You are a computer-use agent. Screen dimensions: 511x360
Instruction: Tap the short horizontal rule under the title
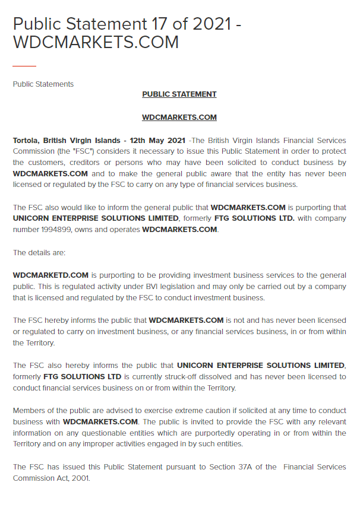pos(24,65)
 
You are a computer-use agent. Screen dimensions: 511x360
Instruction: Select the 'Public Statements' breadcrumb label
pos(43,84)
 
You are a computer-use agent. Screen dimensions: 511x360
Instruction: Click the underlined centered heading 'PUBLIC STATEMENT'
pos(179,94)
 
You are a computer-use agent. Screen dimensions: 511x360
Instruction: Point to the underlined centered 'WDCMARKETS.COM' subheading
pos(179,118)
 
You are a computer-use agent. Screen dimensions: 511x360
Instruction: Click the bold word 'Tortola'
pos(27,141)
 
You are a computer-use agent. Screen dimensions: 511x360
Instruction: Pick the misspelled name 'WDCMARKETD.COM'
pos(50,275)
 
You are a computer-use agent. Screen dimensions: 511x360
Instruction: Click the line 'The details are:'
pos(39,252)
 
